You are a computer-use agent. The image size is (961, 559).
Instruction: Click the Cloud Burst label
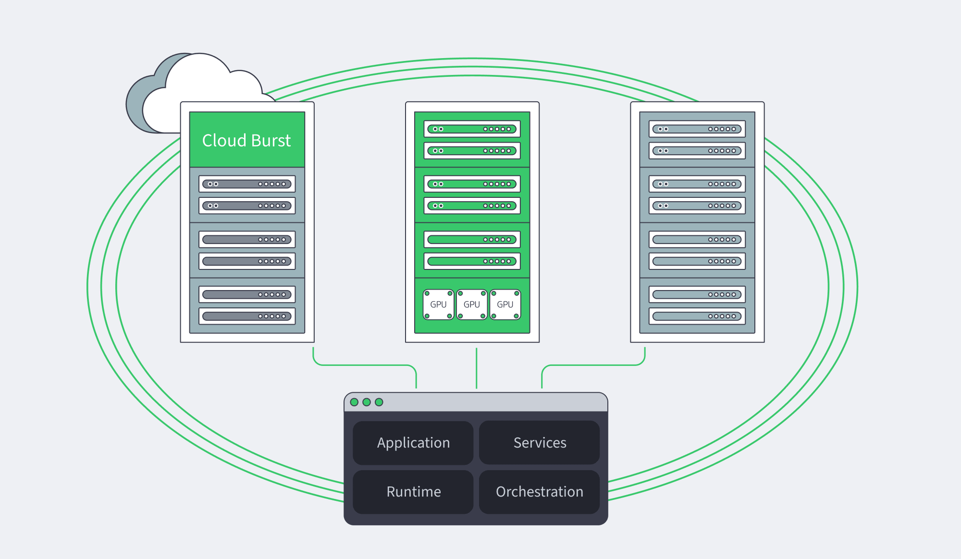(246, 140)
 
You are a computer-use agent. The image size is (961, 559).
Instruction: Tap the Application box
(413, 443)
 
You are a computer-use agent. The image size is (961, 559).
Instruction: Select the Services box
(540, 443)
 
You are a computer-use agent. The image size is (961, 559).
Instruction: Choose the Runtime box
(413, 492)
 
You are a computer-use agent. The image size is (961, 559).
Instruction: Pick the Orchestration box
(540, 492)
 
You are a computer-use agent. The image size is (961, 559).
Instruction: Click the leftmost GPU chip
(438, 304)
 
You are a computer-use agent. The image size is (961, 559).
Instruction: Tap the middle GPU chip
(472, 304)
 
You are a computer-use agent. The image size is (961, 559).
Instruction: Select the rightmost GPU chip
(505, 304)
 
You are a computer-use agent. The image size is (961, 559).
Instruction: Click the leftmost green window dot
(354, 402)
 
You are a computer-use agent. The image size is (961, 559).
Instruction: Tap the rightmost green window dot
(379, 402)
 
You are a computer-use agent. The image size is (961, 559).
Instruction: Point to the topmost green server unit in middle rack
(472, 129)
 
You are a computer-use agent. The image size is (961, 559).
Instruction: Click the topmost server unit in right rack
(697, 129)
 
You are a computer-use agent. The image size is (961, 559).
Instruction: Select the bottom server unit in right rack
(697, 316)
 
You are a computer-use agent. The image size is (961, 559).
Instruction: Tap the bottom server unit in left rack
(247, 316)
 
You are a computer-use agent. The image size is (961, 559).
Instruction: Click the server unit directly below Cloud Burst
(247, 184)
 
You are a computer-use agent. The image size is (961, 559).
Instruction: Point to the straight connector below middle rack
(476, 368)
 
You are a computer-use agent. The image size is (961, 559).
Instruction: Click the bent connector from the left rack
(365, 365)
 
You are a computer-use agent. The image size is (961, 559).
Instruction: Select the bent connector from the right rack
(593, 365)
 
